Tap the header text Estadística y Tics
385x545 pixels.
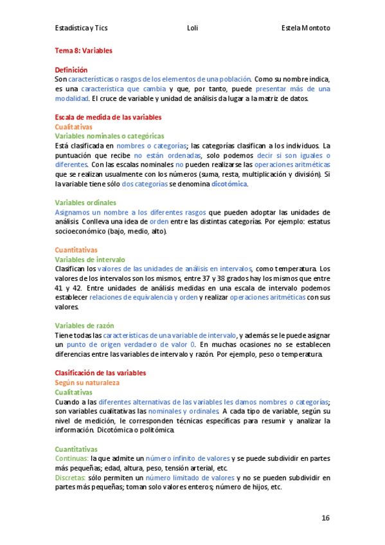(x=82, y=28)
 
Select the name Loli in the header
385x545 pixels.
(x=192, y=28)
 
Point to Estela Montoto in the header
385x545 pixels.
(x=306, y=28)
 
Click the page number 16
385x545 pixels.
(x=325, y=517)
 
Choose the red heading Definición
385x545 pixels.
(x=71, y=69)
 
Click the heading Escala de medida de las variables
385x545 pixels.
(x=108, y=118)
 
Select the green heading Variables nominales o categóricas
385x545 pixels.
(x=109, y=136)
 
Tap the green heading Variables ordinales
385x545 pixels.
(x=85, y=202)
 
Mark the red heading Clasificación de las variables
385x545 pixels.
(x=100, y=373)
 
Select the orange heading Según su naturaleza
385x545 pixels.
(x=87, y=382)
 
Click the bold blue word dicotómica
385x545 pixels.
(x=229, y=184)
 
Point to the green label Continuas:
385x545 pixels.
(x=71, y=458)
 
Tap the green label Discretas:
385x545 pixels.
(x=71, y=478)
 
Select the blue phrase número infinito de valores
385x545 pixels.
(x=188, y=458)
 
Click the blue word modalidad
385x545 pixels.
(x=71, y=98)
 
